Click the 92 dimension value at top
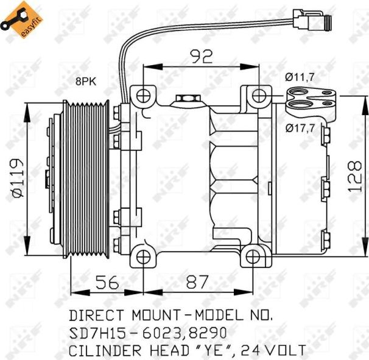coord(202,57)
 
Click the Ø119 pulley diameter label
coord(16,177)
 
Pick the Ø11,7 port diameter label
coord(299,77)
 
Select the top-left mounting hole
coord(144,96)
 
